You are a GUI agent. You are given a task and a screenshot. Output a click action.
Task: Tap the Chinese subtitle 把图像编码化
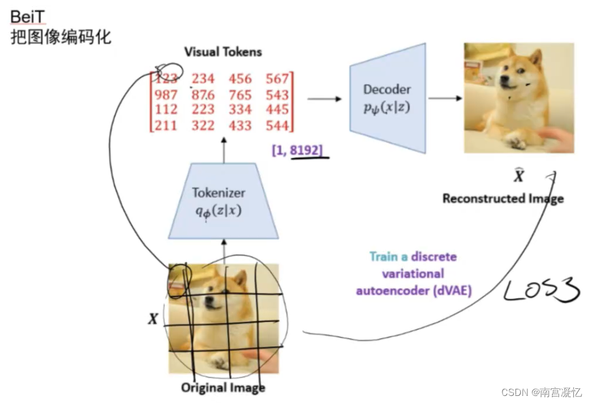pos(61,37)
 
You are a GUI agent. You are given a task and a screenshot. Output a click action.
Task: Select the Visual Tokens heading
pos(222,52)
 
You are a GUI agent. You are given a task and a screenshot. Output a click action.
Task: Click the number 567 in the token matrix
pos(277,79)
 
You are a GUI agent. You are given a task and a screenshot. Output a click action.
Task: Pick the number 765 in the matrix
pos(240,95)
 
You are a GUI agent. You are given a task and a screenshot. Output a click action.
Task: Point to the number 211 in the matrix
pos(166,125)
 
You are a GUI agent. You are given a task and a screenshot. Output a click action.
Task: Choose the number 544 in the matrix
pos(277,125)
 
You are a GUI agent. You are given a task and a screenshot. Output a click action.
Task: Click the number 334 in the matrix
pos(240,110)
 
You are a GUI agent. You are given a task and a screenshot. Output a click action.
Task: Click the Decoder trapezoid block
pos(388,98)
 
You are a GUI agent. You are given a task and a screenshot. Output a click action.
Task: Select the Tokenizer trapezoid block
pos(223,201)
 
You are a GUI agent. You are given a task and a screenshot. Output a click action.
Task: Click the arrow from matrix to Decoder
pos(324,98)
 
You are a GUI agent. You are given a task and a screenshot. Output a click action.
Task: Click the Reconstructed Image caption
pos(503,198)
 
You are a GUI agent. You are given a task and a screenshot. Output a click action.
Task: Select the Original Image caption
pos(222,387)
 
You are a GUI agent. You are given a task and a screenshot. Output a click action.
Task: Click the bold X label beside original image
pos(153,319)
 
